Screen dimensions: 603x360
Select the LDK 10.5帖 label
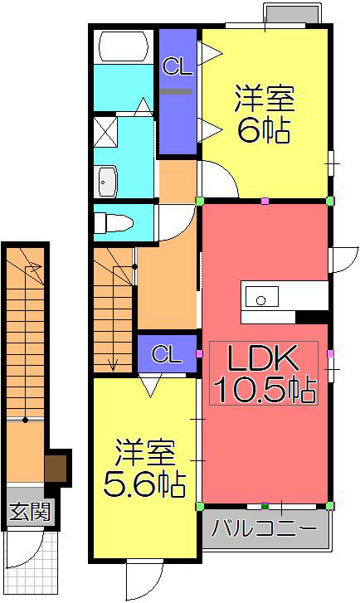tap(264, 376)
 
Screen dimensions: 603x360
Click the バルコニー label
tap(264, 528)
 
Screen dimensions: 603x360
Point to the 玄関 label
tap(29, 510)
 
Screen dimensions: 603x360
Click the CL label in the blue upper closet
tap(176, 66)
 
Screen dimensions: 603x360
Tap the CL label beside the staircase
tap(166, 355)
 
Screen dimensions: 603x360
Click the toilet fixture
tap(111, 223)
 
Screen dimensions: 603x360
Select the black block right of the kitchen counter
tap(312, 316)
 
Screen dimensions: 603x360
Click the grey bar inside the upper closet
tap(176, 90)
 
